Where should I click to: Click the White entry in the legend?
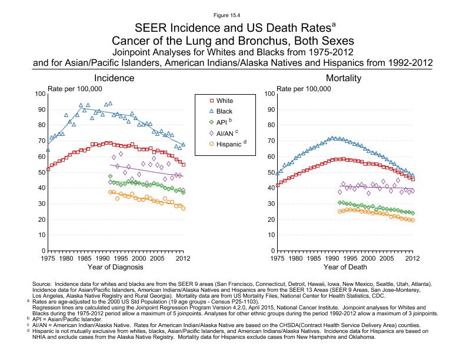pos(224,101)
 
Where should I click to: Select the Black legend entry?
pos(224,111)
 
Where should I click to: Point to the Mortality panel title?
pos(344,78)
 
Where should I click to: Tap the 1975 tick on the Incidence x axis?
pos(48,258)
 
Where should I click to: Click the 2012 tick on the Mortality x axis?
pos(412,258)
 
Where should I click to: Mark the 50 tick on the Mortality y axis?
pos(269,173)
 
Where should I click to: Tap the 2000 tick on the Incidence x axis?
pos(139,258)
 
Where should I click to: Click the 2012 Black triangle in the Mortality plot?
pos(412,175)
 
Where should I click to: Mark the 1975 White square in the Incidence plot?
pos(48,169)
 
